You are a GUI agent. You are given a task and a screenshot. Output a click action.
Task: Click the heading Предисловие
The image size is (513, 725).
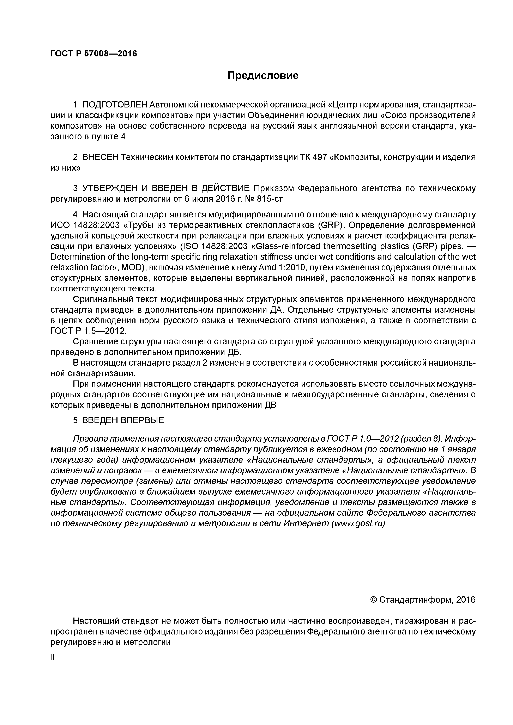[263, 76]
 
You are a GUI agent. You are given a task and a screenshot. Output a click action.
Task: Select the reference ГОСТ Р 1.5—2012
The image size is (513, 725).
[89, 331]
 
